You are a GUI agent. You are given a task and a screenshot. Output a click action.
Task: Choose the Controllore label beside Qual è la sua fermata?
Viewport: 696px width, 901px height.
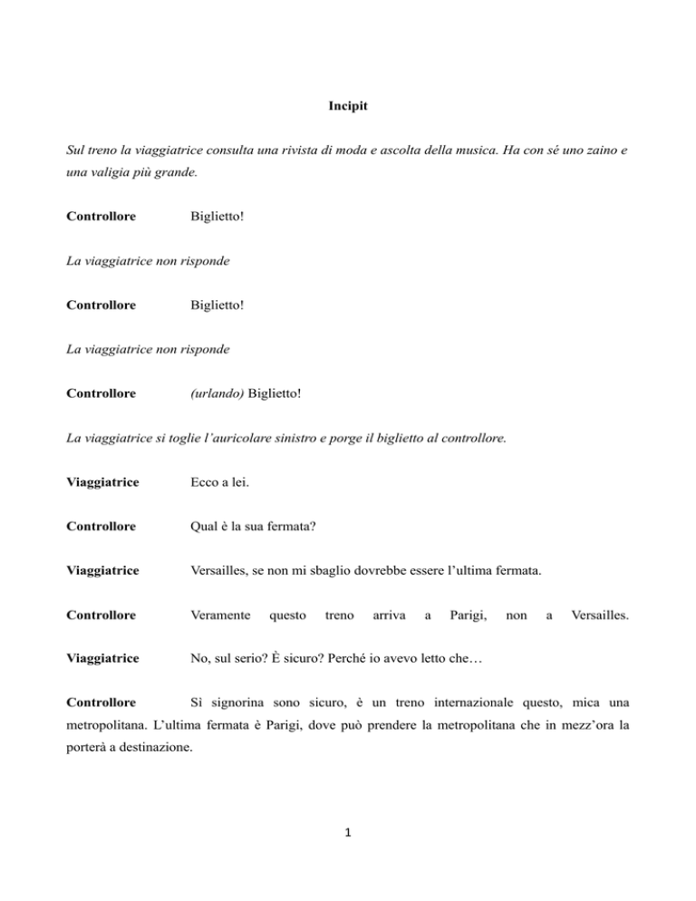[102, 525]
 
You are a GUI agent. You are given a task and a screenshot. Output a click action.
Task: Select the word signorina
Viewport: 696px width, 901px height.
[237, 702]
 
